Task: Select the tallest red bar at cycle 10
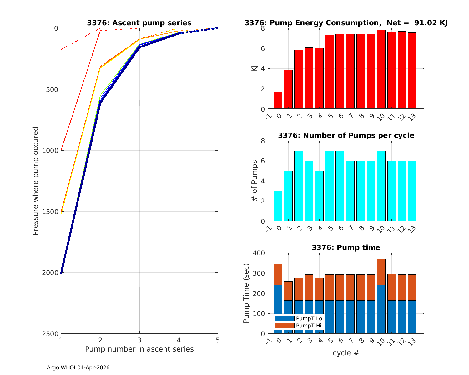381,70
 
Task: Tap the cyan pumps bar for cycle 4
319,196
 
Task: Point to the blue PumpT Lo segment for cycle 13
412,317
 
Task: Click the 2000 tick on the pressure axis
52,273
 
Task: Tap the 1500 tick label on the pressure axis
52,212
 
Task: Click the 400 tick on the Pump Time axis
258,253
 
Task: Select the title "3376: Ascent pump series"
139,23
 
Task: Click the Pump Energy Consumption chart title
346,23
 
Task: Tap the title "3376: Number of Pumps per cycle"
346,136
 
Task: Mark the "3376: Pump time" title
346,248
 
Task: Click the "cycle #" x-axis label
346,353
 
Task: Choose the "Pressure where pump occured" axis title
36,181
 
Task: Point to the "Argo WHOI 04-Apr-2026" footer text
78,368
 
